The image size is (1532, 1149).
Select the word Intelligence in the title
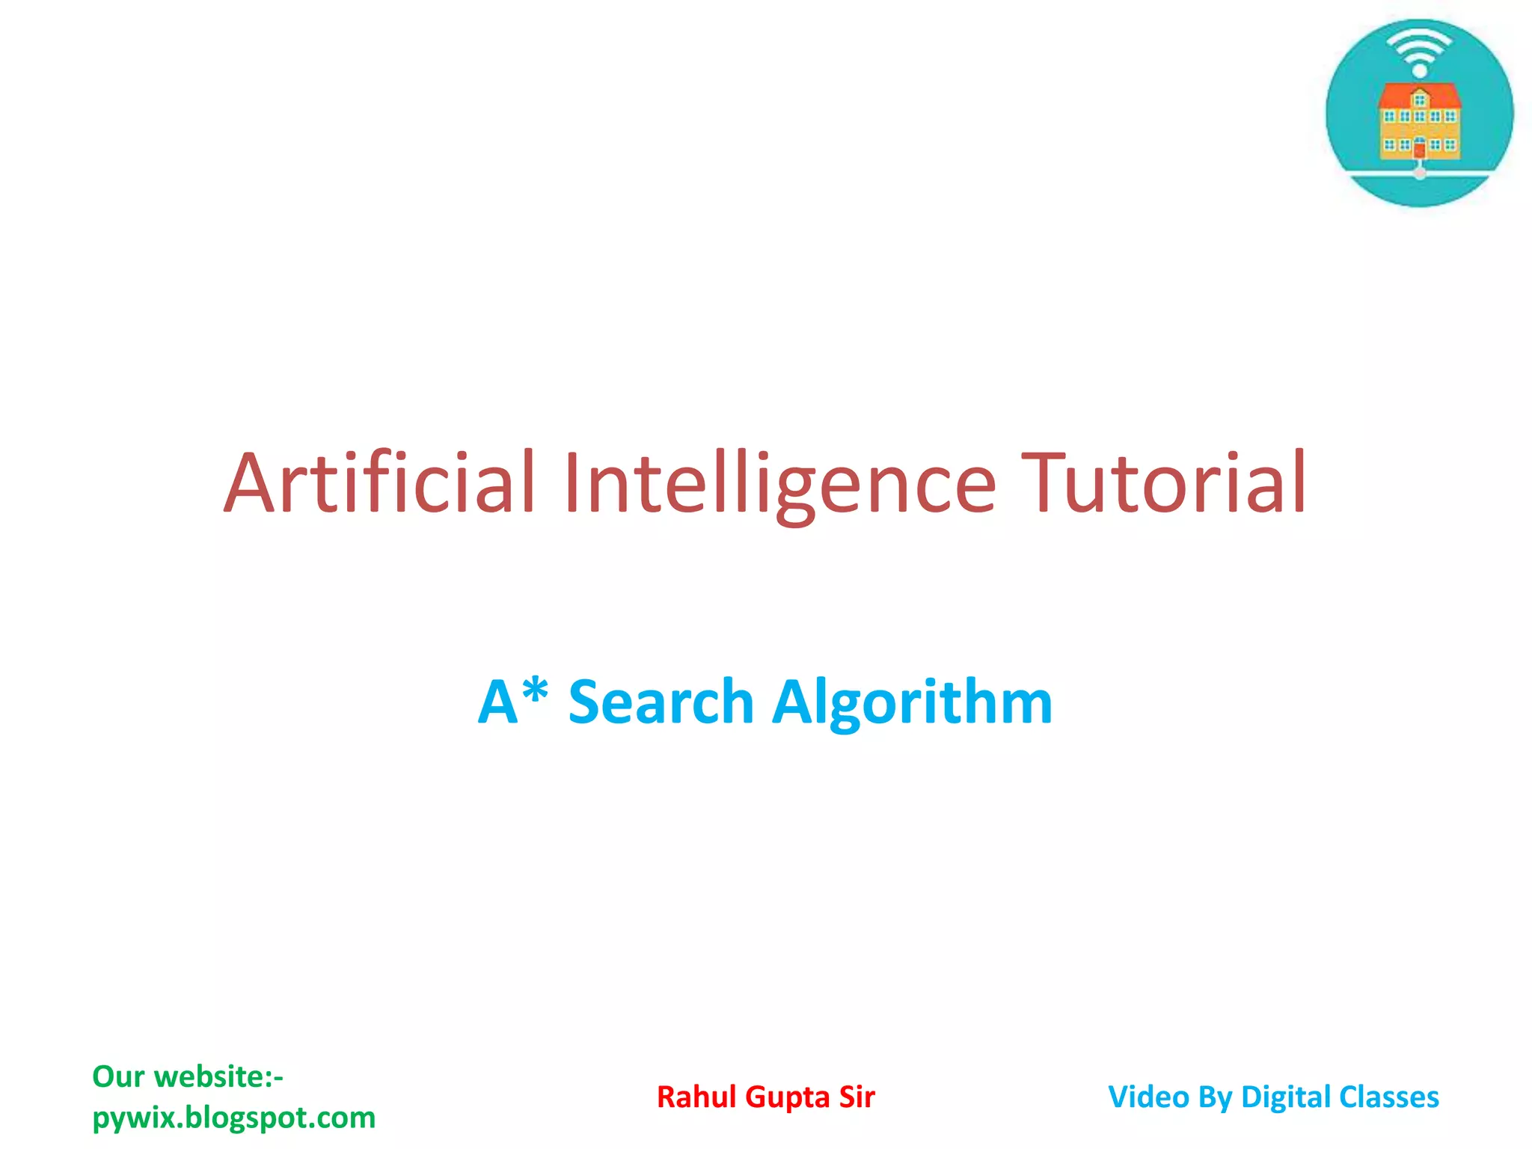click(x=779, y=484)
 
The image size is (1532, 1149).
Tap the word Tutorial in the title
click(x=1164, y=484)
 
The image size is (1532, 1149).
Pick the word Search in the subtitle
click(x=661, y=702)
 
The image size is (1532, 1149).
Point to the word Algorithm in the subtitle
click(x=912, y=702)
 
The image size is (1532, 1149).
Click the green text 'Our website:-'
click(x=188, y=1076)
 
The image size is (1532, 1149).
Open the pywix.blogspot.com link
click(x=233, y=1118)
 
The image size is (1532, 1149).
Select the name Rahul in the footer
click(x=697, y=1097)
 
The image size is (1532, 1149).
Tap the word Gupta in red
click(x=788, y=1097)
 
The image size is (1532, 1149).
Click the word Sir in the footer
click(x=857, y=1097)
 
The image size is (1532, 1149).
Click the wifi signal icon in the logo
click(x=1419, y=49)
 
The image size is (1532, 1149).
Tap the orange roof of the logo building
click(x=1419, y=96)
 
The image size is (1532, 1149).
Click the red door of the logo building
click(x=1419, y=150)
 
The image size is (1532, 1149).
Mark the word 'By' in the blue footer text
click(x=1214, y=1097)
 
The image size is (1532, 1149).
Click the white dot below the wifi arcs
click(x=1419, y=71)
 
